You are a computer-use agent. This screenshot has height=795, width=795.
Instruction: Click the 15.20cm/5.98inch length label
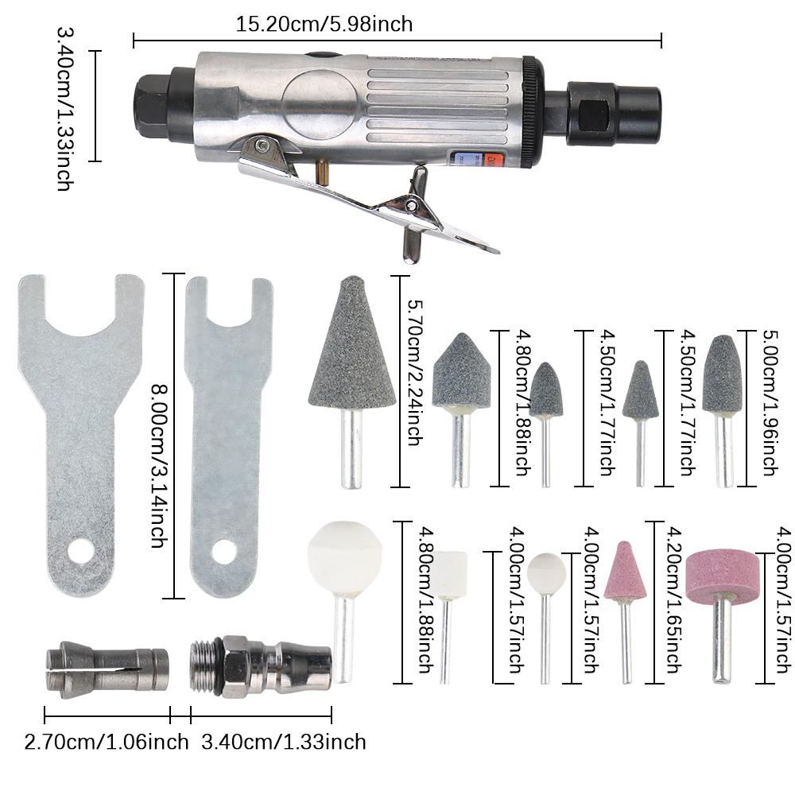tap(324, 24)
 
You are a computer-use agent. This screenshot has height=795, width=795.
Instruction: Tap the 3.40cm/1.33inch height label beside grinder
tap(65, 108)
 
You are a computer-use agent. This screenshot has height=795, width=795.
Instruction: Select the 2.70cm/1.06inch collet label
tap(107, 743)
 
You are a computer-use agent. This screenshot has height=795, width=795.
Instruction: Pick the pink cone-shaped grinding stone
tap(626, 572)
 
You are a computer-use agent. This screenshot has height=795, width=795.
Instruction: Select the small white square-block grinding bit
tap(450, 576)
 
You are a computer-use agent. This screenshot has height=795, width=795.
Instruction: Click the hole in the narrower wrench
tap(224, 551)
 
